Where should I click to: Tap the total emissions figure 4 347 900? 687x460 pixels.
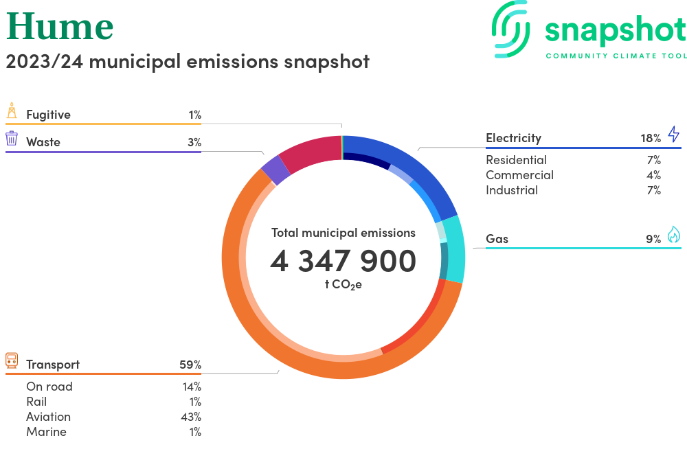pyautogui.click(x=343, y=261)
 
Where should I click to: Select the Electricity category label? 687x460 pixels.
pyautogui.click(x=513, y=138)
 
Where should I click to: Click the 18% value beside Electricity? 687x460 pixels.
pyautogui.click(x=651, y=138)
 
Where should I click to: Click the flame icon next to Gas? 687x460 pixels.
pyautogui.click(x=673, y=235)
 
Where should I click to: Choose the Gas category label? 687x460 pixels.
pyautogui.click(x=497, y=239)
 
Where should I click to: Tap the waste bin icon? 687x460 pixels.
pyautogui.click(x=12, y=138)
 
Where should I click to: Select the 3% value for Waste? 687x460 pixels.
pyautogui.click(x=194, y=142)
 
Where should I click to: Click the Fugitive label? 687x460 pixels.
pyautogui.click(x=48, y=115)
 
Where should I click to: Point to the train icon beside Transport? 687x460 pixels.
pyautogui.click(x=12, y=360)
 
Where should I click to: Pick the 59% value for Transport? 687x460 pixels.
pyautogui.click(x=190, y=365)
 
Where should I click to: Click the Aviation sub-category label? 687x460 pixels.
pyautogui.click(x=48, y=417)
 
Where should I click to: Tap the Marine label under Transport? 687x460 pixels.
pyautogui.click(x=46, y=432)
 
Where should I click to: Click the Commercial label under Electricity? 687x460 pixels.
pyautogui.click(x=519, y=175)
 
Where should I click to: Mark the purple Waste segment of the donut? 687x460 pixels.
pyautogui.click(x=275, y=170)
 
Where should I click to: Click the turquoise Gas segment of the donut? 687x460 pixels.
pyautogui.click(x=453, y=251)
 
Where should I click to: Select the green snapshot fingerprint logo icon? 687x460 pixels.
pyautogui.click(x=512, y=29)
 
